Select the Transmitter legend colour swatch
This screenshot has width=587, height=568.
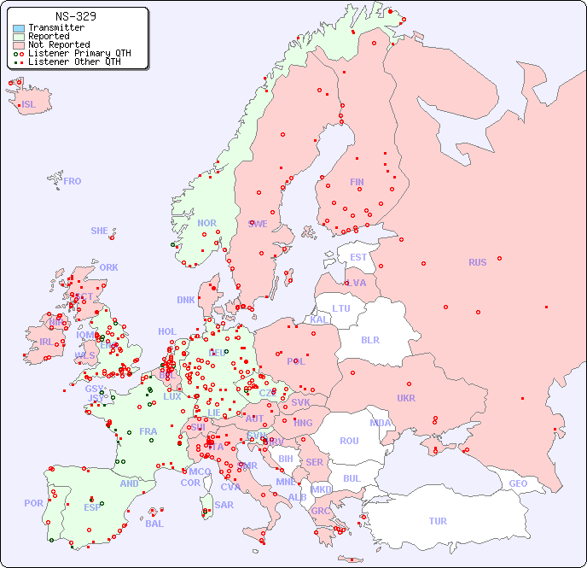pyautogui.click(x=19, y=28)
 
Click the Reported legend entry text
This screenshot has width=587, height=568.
pyautogui.click(x=49, y=37)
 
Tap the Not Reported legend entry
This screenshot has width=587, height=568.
pyautogui.click(x=58, y=45)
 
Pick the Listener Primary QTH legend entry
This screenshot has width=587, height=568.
pyautogui.click(x=79, y=53)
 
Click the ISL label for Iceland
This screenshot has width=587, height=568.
pyautogui.click(x=29, y=105)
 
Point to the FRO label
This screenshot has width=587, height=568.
pyautogui.click(x=73, y=181)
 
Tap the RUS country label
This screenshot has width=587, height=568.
pyautogui.click(x=477, y=262)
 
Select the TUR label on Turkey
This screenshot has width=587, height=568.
pyautogui.click(x=438, y=521)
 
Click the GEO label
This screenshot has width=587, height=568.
pyautogui.click(x=518, y=483)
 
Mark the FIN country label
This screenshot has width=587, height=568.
pyautogui.click(x=357, y=182)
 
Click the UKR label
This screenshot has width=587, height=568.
pyautogui.click(x=406, y=398)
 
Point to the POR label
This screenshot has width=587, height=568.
pyautogui.click(x=33, y=503)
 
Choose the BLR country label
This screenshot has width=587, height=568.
pyautogui.click(x=369, y=339)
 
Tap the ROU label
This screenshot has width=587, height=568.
pyautogui.click(x=349, y=441)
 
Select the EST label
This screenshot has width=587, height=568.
pyautogui.click(x=358, y=257)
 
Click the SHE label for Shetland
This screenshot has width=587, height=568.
pyautogui.click(x=100, y=231)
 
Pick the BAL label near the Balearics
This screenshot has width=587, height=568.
pyautogui.click(x=154, y=524)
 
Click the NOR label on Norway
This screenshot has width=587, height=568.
pyautogui.click(x=207, y=223)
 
